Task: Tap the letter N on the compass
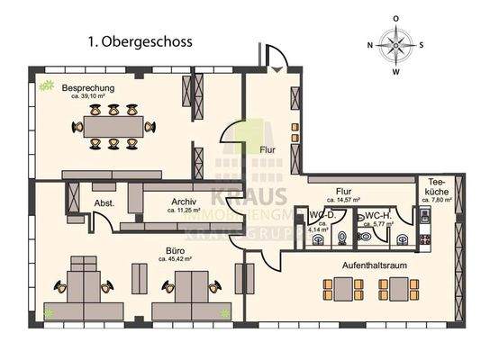tap(371, 44)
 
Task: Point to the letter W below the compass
tap(396, 70)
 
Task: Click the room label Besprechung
tap(87, 87)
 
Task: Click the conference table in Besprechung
tap(113, 126)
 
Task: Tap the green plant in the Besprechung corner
tap(45, 86)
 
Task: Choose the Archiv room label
tap(183, 202)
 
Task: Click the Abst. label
tap(104, 203)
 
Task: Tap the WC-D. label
tap(322, 216)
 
